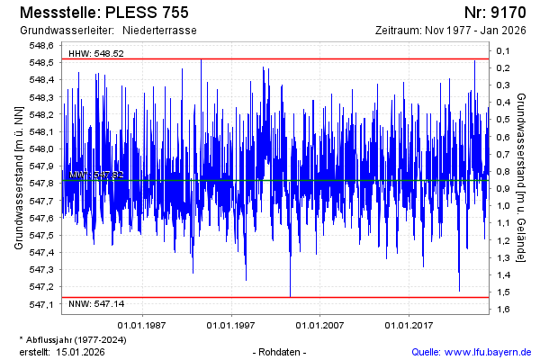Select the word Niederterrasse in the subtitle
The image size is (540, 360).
[x=159, y=31]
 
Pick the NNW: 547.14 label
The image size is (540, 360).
[x=95, y=305]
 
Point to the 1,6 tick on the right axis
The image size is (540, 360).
[x=504, y=310]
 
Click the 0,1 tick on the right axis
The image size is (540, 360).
[x=504, y=51]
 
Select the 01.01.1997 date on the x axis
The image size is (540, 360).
[x=230, y=325]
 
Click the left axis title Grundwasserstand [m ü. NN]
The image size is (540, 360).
[x=18, y=176]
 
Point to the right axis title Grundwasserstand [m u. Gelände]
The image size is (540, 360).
[x=521, y=176]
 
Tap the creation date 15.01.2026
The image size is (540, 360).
[x=80, y=351]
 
